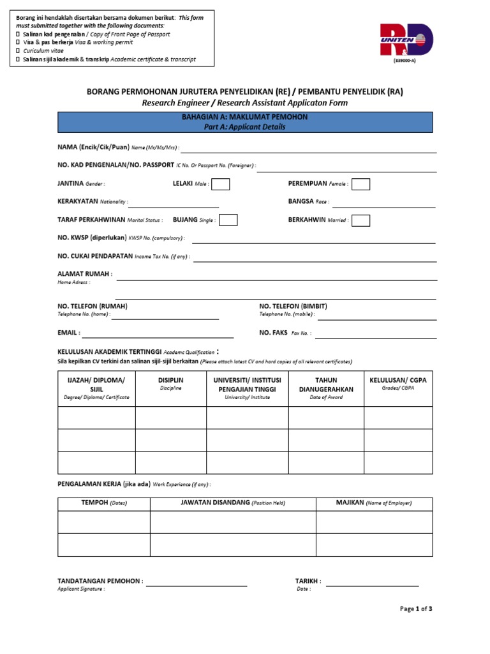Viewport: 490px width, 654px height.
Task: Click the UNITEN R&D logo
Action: [x=406, y=40]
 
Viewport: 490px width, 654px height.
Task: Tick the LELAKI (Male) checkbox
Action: [x=221, y=184]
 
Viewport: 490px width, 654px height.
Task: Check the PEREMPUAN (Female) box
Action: [x=360, y=184]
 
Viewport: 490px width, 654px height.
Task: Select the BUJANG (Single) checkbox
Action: [x=228, y=220]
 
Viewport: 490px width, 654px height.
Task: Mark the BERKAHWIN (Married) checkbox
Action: [x=360, y=220]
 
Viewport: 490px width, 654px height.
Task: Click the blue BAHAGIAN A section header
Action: [x=245, y=122]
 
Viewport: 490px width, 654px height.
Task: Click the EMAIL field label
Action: [x=69, y=333]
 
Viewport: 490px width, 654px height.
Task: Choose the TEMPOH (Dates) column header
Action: [x=104, y=503]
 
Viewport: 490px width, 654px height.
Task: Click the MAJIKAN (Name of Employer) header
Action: [x=374, y=503]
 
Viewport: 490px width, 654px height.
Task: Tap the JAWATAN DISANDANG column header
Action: [x=233, y=503]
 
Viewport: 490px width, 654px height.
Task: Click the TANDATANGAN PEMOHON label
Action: [x=100, y=581]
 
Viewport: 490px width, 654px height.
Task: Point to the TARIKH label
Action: [x=308, y=581]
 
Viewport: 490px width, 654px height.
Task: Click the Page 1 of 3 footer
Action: [x=416, y=609]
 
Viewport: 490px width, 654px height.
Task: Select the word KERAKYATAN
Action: [x=78, y=201]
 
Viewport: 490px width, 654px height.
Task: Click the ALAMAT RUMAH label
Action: [x=85, y=274]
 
